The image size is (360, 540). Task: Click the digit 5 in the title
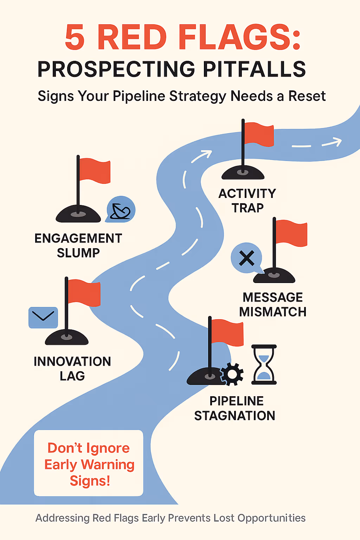point(75,37)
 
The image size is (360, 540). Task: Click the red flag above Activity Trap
point(259,134)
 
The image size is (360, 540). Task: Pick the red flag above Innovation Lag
point(84,292)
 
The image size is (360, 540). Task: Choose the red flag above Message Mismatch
point(291,233)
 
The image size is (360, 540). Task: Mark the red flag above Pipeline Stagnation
point(227,332)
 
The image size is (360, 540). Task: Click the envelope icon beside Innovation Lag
point(43,317)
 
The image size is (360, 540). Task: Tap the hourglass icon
point(264,365)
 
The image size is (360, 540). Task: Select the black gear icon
point(232,374)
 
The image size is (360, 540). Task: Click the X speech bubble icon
point(247,258)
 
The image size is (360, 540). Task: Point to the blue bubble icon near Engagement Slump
point(121,210)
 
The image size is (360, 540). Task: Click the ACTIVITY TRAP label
point(247,200)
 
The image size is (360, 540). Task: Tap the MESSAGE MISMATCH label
point(273,304)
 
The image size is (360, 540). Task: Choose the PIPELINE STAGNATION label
point(235,408)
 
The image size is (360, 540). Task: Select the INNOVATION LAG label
point(72,368)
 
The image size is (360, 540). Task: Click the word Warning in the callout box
point(108,464)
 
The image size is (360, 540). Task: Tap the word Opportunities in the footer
point(271,518)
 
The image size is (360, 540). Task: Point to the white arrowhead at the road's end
point(335,142)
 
